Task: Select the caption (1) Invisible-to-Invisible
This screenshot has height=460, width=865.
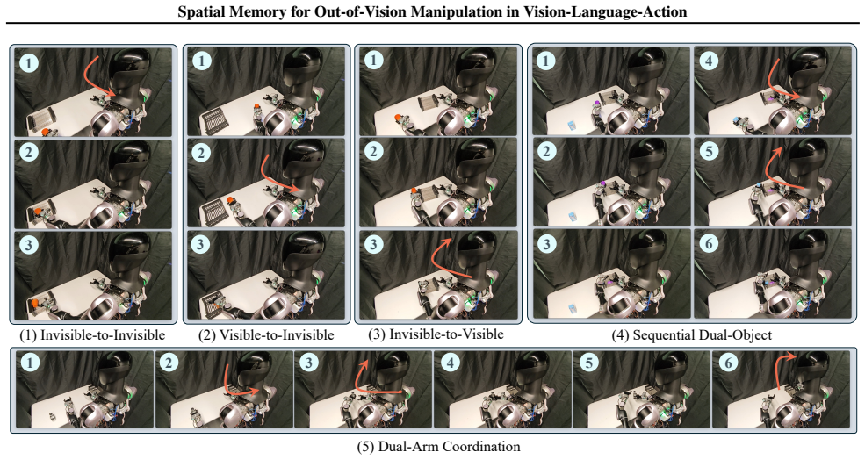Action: point(92,334)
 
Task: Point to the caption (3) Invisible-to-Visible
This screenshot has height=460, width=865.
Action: point(436,334)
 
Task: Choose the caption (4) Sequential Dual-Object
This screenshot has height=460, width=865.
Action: point(692,334)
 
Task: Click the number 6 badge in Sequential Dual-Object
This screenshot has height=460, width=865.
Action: point(709,244)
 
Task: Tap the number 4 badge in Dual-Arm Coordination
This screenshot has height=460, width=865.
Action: point(451,363)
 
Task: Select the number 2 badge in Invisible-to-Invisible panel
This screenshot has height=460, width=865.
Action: point(29,152)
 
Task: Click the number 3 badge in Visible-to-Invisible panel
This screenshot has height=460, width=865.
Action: point(201,244)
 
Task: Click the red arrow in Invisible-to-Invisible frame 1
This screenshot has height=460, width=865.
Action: point(98,76)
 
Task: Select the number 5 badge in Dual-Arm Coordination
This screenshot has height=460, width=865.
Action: point(590,363)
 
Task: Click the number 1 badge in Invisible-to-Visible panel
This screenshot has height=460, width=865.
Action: point(374,60)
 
